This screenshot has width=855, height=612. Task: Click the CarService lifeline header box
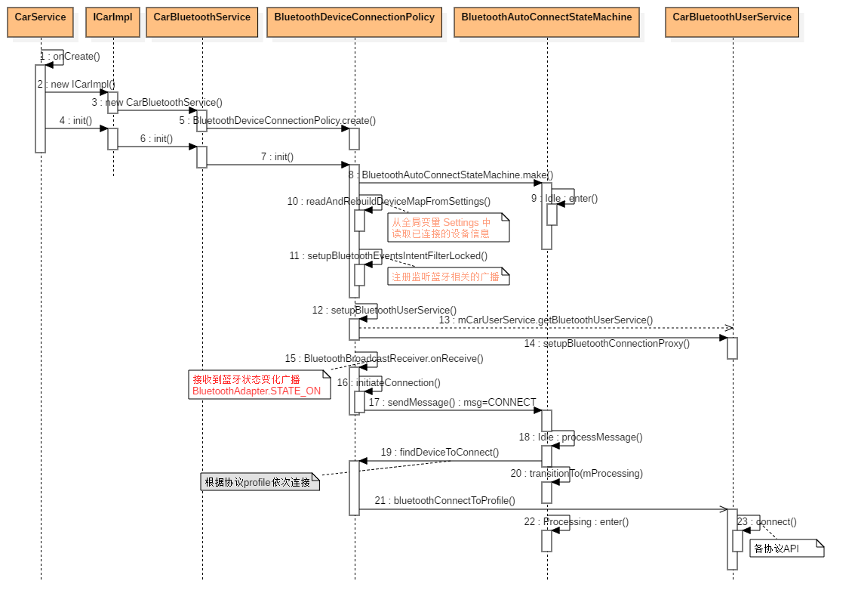click(x=40, y=22)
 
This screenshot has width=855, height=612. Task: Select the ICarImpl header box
click(x=112, y=22)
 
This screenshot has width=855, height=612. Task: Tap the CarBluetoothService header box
click(x=201, y=22)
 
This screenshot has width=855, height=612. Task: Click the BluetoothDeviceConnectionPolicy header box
click(x=354, y=22)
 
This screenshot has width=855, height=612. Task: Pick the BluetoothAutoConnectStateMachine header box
click(x=546, y=22)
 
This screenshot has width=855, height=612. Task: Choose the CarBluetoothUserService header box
click(x=732, y=22)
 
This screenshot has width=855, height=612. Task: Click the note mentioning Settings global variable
click(x=448, y=227)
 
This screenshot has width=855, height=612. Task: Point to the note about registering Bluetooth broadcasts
click(x=448, y=277)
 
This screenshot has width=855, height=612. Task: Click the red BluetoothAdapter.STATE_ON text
click(x=257, y=391)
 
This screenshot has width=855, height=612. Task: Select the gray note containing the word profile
click(x=260, y=481)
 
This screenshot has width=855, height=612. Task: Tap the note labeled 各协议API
click(x=786, y=549)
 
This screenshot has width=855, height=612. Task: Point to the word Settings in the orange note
click(x=460, y=222)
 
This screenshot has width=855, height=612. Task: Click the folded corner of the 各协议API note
click(x=819, y=545)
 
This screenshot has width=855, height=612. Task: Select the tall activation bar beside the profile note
click(x=354, y=487)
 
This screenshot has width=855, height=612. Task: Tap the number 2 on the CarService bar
click(x=40, y=85)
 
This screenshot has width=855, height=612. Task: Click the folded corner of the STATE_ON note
click(x=326, y=375)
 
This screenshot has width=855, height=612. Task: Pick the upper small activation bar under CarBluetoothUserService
click(x=732, y=348)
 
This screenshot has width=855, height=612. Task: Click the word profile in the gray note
click(x=257, y=482)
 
